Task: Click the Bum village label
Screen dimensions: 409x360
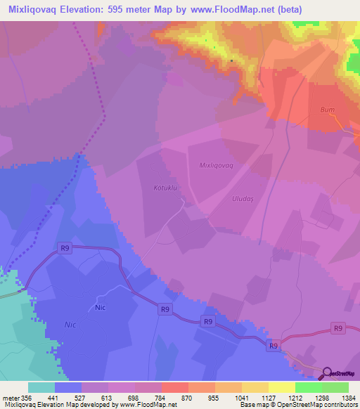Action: tap(327, 110)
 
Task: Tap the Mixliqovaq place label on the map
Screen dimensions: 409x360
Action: tap(210, 165)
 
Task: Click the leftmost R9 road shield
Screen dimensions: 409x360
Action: tap(65, 247)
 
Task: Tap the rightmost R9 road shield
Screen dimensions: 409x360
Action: tap(338, 327)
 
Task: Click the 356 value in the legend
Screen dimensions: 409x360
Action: tap(27, 397)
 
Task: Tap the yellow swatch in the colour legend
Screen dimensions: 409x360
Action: tap(281, 387)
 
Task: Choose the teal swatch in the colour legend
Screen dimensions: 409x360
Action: tap(41, 387)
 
